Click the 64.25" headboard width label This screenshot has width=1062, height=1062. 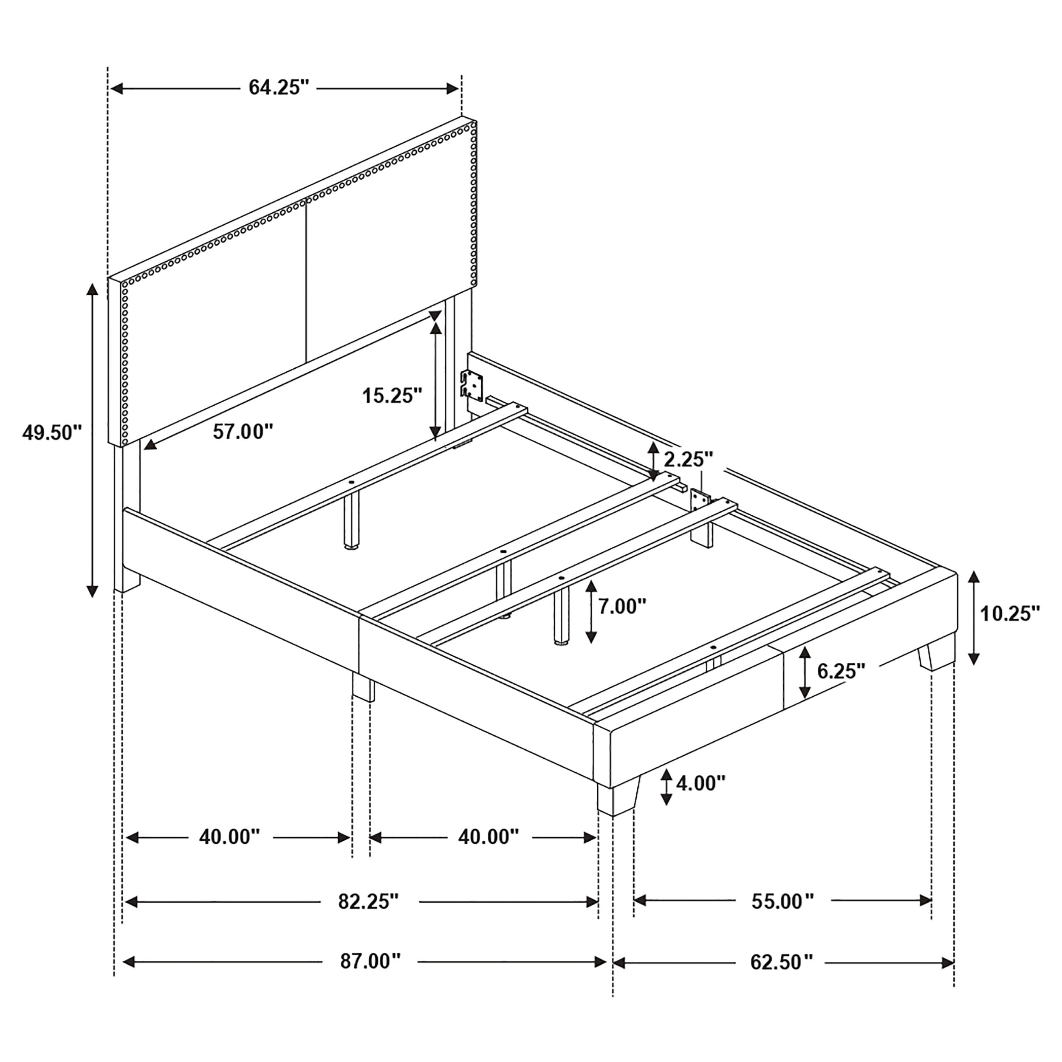(279, 88)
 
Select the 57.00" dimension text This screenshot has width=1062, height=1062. (243, 432)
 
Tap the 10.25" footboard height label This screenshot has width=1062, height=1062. (1010, 613)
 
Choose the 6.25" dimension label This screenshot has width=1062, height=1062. (841, 671)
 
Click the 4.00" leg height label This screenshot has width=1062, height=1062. (700, 783)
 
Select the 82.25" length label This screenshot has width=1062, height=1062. (368, 901)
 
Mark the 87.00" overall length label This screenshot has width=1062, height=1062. (370, 961)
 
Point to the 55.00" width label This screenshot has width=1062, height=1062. (782, 901)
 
